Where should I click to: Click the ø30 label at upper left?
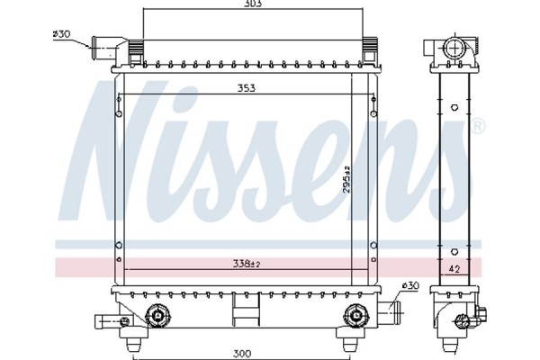click(x=62, y=34)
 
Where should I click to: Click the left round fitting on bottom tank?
click(x=157, y=315)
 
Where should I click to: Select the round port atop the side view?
click(x=454, y=46)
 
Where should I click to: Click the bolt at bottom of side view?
click(x=481, y=316)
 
